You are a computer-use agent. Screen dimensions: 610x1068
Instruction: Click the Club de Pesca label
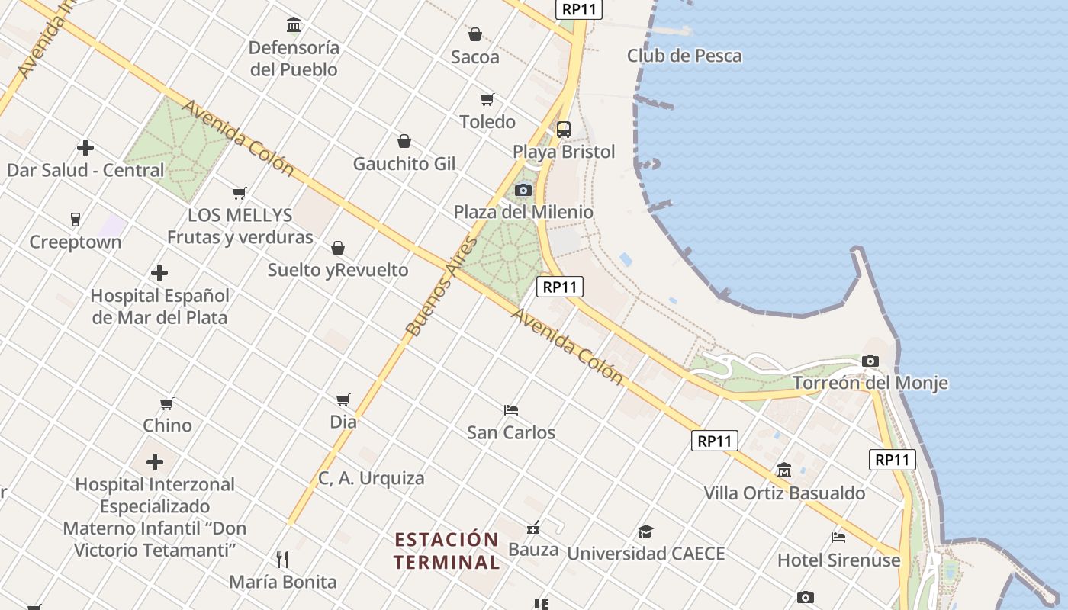(x=684, y=56)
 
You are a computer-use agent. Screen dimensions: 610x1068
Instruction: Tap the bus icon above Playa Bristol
(x=564, y=129)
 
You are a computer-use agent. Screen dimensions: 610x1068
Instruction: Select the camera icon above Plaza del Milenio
(x=523, y=190)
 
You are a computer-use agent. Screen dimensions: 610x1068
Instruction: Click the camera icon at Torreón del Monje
(x=870, y=361)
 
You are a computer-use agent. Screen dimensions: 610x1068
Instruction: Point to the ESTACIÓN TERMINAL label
(x=446, y=551)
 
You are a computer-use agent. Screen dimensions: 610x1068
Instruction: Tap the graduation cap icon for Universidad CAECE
(x=645, y=531)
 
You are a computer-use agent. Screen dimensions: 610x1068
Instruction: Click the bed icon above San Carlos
(x=511, y=410)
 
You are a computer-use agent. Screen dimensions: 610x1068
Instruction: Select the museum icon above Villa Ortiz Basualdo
(x=784, y=470)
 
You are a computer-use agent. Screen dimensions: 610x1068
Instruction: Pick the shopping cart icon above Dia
(x=343, y=400)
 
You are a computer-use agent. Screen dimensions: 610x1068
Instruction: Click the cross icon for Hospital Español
(x=159, y=273)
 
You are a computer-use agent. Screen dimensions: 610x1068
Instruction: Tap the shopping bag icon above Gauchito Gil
(x=404, y=141)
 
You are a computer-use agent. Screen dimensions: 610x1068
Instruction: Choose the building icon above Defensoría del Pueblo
(x=294, y=25)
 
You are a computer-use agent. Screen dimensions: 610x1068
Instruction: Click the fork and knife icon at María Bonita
(x=282, y=560)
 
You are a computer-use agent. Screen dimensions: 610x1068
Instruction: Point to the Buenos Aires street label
(x=442, y=287)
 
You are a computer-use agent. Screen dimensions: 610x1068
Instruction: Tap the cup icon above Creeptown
(x=75, y=220)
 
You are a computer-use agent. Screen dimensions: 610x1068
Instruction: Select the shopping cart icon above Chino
(x=167, y=403)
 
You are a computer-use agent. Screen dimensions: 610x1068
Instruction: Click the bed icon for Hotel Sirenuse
(x=838, y=538)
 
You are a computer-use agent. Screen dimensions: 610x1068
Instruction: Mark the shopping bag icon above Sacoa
(x=475, y=34)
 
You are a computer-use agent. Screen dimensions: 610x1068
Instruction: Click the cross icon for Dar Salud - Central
(x=85, y=148)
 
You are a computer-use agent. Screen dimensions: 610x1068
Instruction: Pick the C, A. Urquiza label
(x=371, y=478)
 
